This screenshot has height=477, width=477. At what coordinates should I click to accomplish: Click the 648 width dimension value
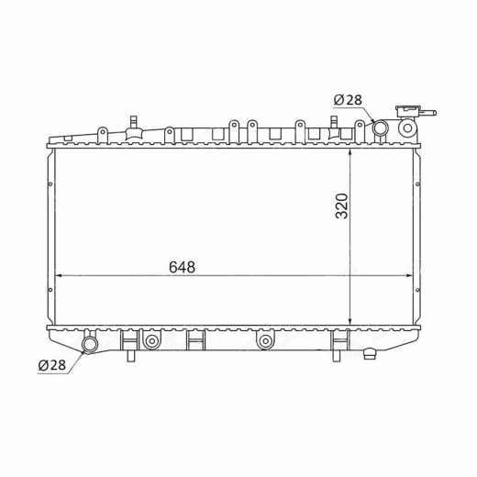(182, 267)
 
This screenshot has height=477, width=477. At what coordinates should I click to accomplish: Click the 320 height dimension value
(342, 205)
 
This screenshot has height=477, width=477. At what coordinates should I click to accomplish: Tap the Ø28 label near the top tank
(348, 100)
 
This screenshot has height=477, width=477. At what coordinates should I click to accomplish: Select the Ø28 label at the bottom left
(52, 365)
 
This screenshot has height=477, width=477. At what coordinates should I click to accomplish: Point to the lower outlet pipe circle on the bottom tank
(90, 345)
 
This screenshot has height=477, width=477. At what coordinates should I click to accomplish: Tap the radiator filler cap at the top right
(408, 111)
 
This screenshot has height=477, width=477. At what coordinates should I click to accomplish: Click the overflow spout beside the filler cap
(428, 113)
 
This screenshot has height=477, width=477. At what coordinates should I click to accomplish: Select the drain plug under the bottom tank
(370, 354)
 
